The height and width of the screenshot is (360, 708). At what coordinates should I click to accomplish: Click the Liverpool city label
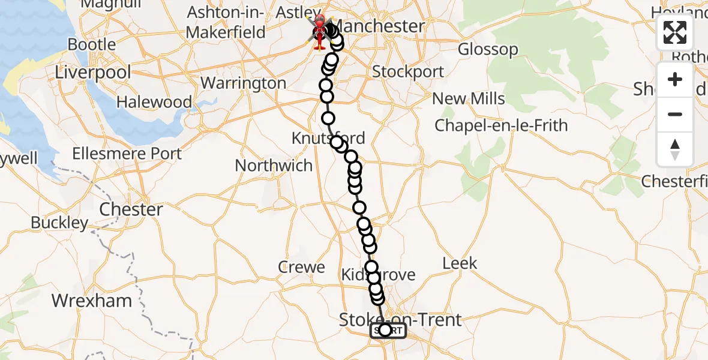92,73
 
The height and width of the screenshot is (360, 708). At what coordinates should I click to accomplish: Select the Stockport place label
408,71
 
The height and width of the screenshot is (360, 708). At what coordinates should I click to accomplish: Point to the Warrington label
243,83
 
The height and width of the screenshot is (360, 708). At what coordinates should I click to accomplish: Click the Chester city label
131,209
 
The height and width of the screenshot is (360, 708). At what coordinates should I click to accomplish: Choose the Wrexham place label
92,300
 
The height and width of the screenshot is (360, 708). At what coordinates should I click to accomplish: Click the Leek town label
460,263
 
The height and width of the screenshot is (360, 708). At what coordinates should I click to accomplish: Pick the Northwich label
274,165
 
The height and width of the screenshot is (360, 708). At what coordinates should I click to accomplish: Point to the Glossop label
488,49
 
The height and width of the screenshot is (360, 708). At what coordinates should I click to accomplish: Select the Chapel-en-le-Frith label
501,125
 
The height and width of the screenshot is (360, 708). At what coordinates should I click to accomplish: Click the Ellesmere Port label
127,154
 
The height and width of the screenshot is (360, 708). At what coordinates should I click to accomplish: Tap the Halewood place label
154,102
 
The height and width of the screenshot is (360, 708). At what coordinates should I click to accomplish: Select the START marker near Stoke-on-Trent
388,331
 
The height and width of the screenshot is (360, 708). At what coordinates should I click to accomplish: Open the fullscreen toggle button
675,32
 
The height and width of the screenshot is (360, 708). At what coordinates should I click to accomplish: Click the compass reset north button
675,149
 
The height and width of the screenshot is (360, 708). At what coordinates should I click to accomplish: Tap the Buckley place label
59,223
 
